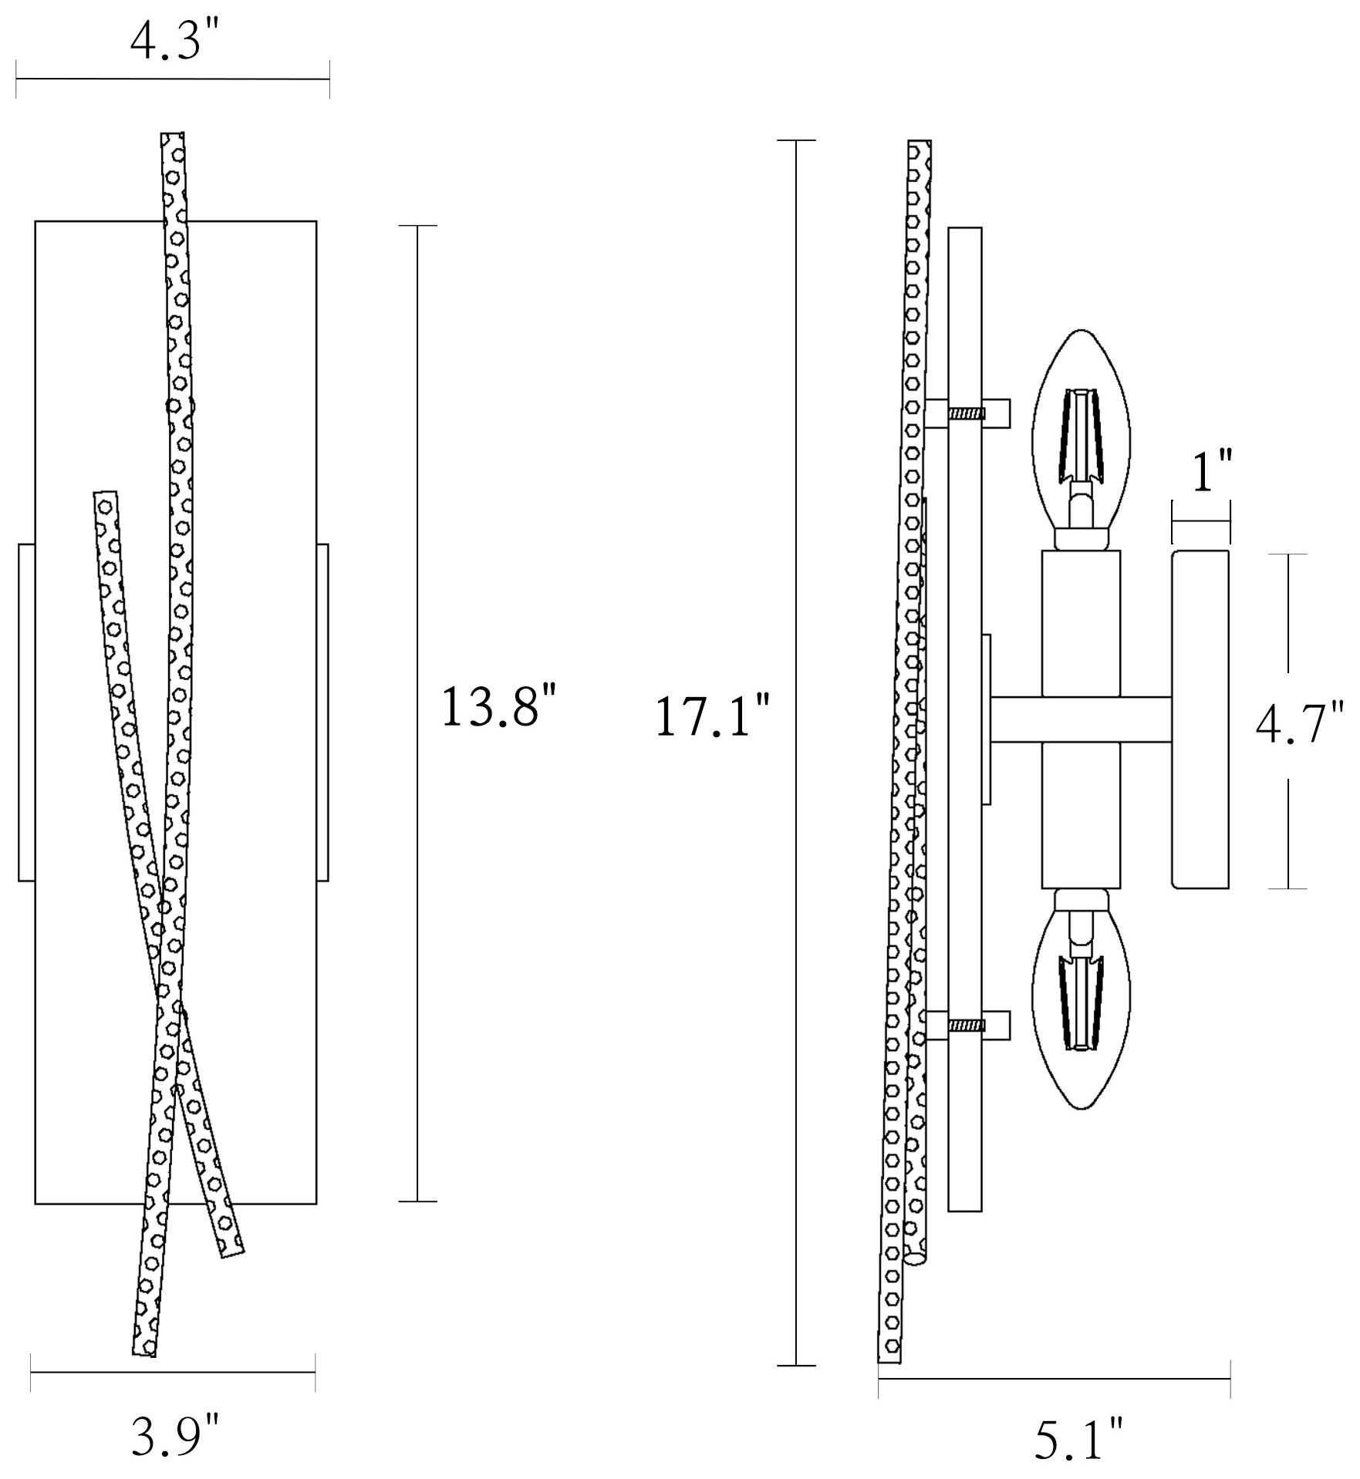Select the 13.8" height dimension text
(498, 708)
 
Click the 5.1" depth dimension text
(1078, 1437)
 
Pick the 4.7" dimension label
(1301, 723)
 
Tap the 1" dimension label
(1212, 473)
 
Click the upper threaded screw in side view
(967, 414)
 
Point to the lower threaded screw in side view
(967, 1026)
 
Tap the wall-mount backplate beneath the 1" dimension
(1200, 720)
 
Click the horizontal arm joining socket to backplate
(1081, 720)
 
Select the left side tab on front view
(25, 713)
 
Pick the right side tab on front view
(322, 713)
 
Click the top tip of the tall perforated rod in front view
(172, 133)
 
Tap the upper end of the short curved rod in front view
(105, 492)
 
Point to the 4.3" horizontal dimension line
(173, 79)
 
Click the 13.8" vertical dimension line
(417, 713)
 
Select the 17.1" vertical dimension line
(796, 753)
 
